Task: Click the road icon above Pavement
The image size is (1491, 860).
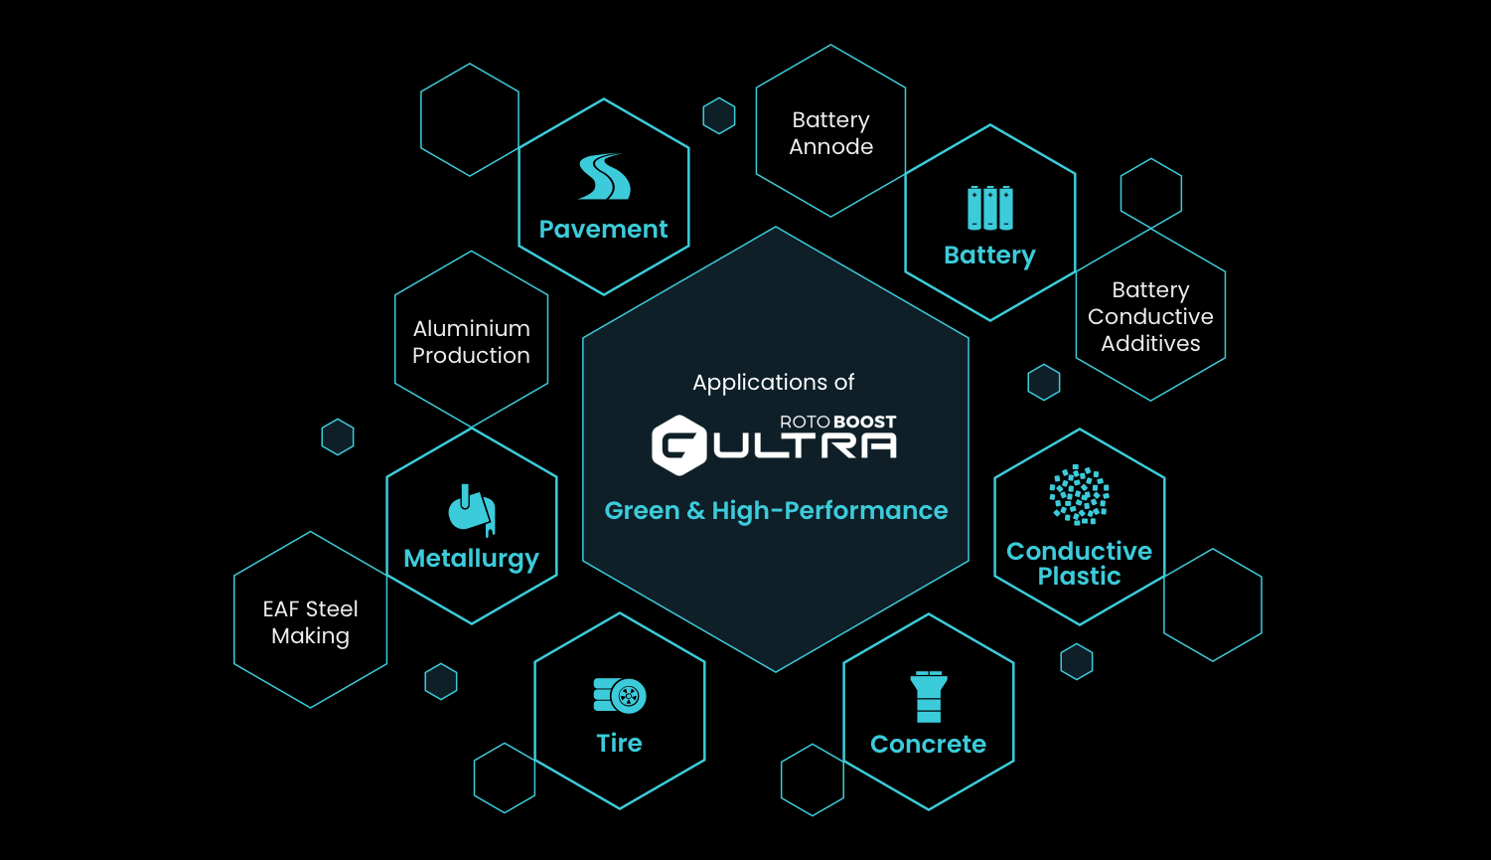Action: click(x=605, y=177)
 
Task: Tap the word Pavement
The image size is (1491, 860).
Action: click(x=603, y=230)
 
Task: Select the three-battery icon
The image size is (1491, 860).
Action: click(x=989, y=208)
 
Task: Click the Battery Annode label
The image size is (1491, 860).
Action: click(x=831, y=133)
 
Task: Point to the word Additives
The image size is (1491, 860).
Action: click(x=1150, y=344)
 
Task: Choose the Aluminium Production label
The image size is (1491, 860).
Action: click(x=471, y=342)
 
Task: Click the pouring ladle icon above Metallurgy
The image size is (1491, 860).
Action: click(x=471, y=510)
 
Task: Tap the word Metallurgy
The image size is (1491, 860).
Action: click(x=471, y=559)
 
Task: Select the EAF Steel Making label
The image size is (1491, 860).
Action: click(x=310, y=622)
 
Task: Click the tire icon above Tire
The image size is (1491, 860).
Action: click(x=620, y=696)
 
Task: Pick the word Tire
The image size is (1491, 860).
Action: click(x=619, y=744)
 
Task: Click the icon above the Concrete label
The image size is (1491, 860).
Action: click(x=929, y=697)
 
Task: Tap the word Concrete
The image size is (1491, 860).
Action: click(x=928, y=745)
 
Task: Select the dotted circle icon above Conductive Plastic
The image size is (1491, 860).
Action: click(x=1079, y=494)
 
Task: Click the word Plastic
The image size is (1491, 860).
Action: click(x=1079, y=577)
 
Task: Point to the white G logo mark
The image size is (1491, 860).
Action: click(x=678, y=444)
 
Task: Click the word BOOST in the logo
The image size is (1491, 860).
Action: click(x=865, y=423)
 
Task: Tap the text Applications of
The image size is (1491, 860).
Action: click(x=774, y=383)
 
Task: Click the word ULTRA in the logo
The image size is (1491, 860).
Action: click(x=805, y=446)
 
